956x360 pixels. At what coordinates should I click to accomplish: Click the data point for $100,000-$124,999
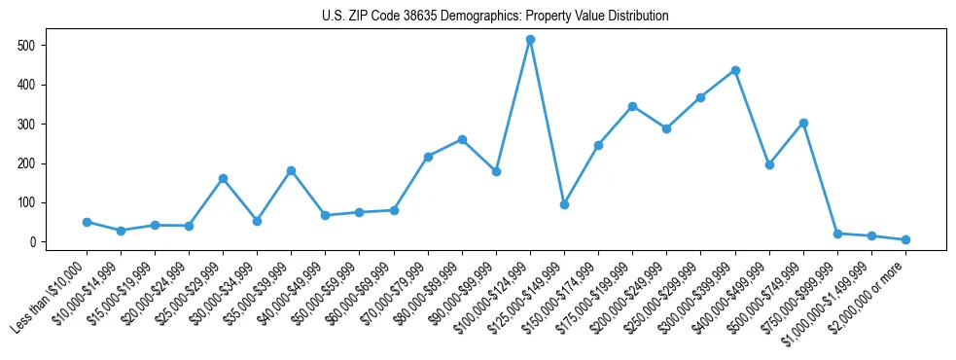(530, 40)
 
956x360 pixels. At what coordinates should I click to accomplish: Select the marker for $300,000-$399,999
(735, 70)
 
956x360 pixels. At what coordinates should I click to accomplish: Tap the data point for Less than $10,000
(87, 222)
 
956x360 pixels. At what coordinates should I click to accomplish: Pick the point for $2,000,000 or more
(905, 239)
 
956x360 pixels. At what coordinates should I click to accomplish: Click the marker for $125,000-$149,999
(564, 204)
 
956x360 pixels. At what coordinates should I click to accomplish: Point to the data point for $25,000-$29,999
(223, 178)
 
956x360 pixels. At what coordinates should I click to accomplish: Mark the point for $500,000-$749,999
(803, 123)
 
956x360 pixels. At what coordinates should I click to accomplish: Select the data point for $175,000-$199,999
(632, 106)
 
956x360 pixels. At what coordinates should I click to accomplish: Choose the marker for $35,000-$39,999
(291, 170)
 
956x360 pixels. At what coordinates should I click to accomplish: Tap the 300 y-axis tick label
(26, 125)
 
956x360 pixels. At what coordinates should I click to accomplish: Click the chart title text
(495, 17)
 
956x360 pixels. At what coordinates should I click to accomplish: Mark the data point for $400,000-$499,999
(769, 164)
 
